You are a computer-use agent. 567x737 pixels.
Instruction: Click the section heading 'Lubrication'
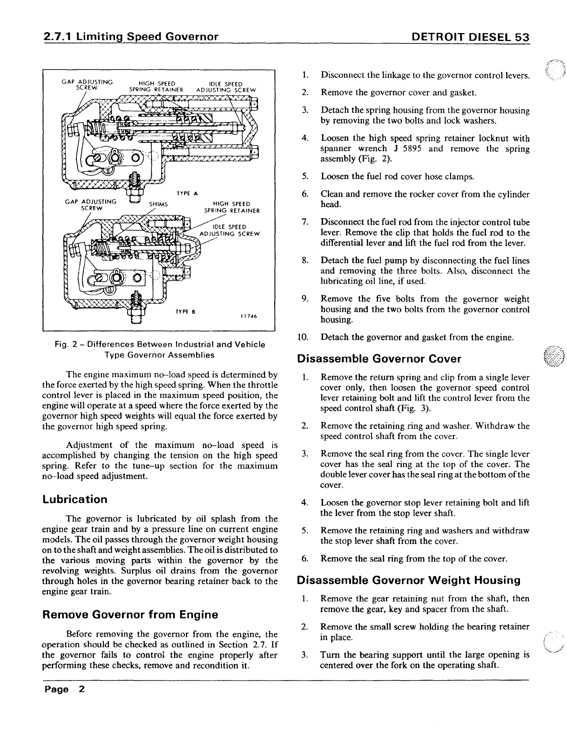74,499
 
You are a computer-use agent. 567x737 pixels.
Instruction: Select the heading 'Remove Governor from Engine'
130,614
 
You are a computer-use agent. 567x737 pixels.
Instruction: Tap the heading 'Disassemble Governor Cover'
379,358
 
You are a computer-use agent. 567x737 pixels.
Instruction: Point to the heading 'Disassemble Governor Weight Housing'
409,580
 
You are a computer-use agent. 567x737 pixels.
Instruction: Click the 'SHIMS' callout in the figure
158,204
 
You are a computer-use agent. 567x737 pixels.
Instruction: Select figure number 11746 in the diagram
249,316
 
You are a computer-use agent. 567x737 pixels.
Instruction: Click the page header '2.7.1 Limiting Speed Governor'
130,37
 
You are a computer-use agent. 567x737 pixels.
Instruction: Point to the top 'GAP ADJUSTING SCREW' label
88,85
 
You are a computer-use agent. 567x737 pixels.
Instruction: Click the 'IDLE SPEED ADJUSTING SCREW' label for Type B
229,230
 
